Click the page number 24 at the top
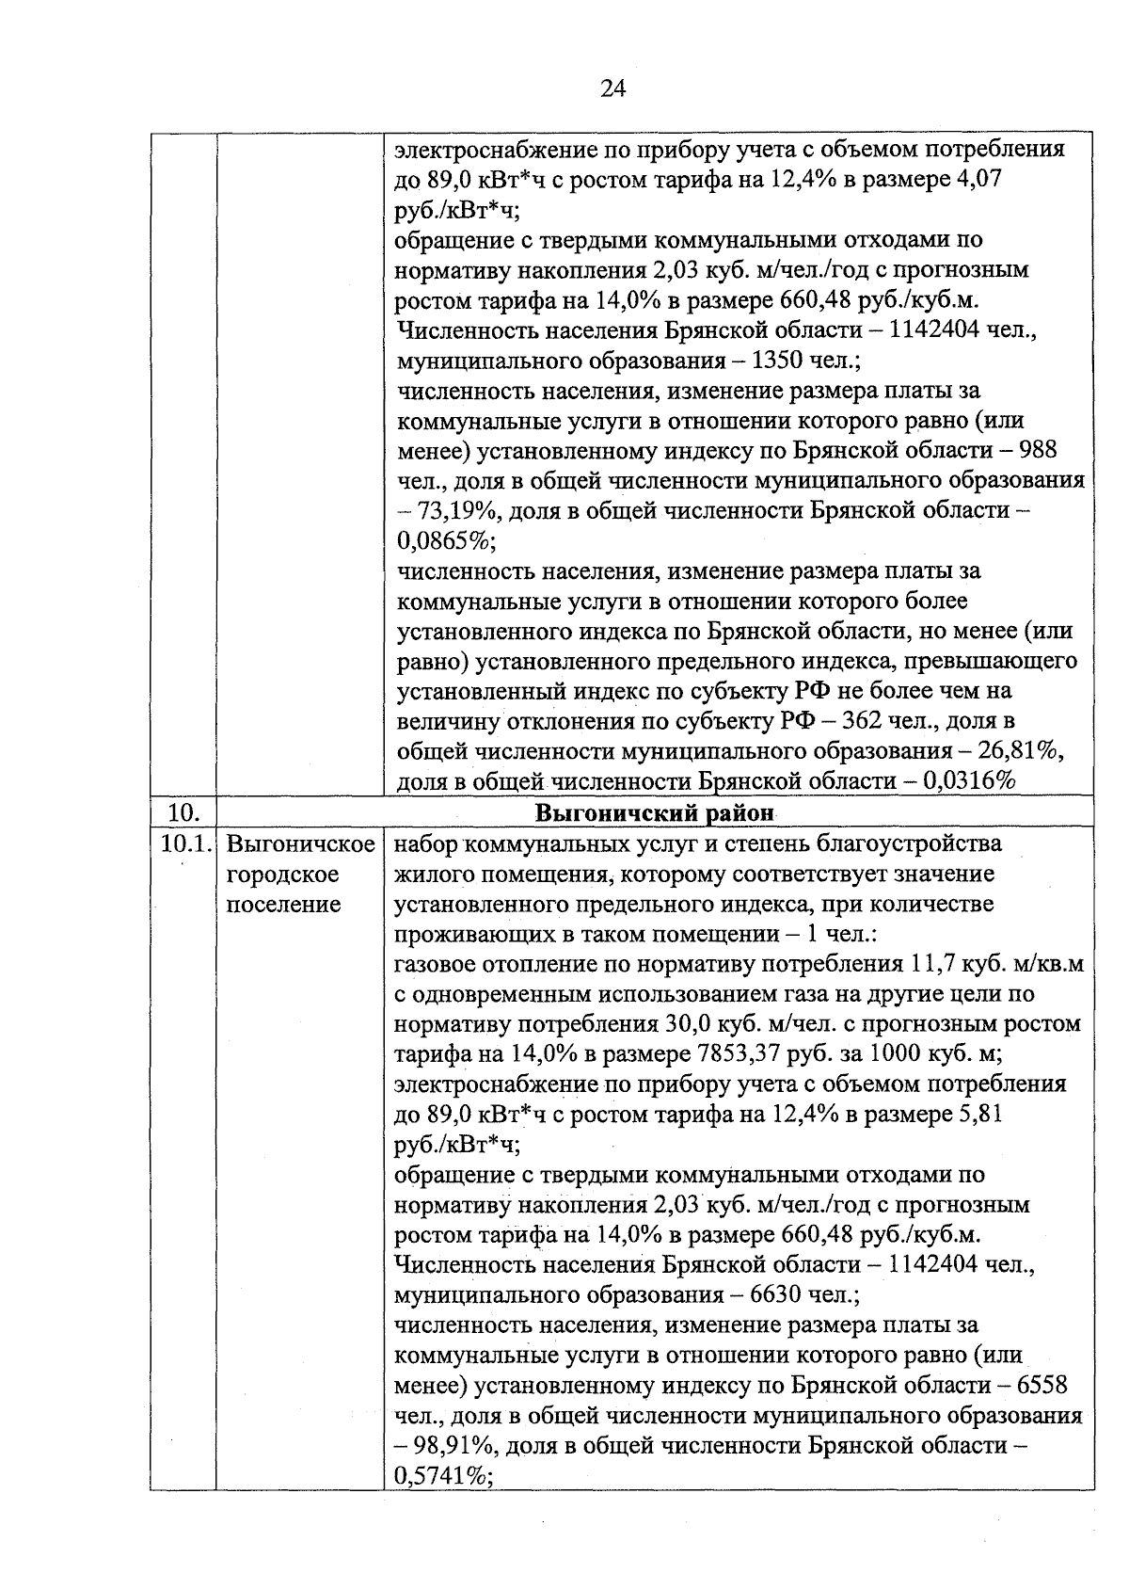612,88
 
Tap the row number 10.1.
183,843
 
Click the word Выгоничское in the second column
301,843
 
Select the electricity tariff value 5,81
978,1115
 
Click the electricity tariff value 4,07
978,179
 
